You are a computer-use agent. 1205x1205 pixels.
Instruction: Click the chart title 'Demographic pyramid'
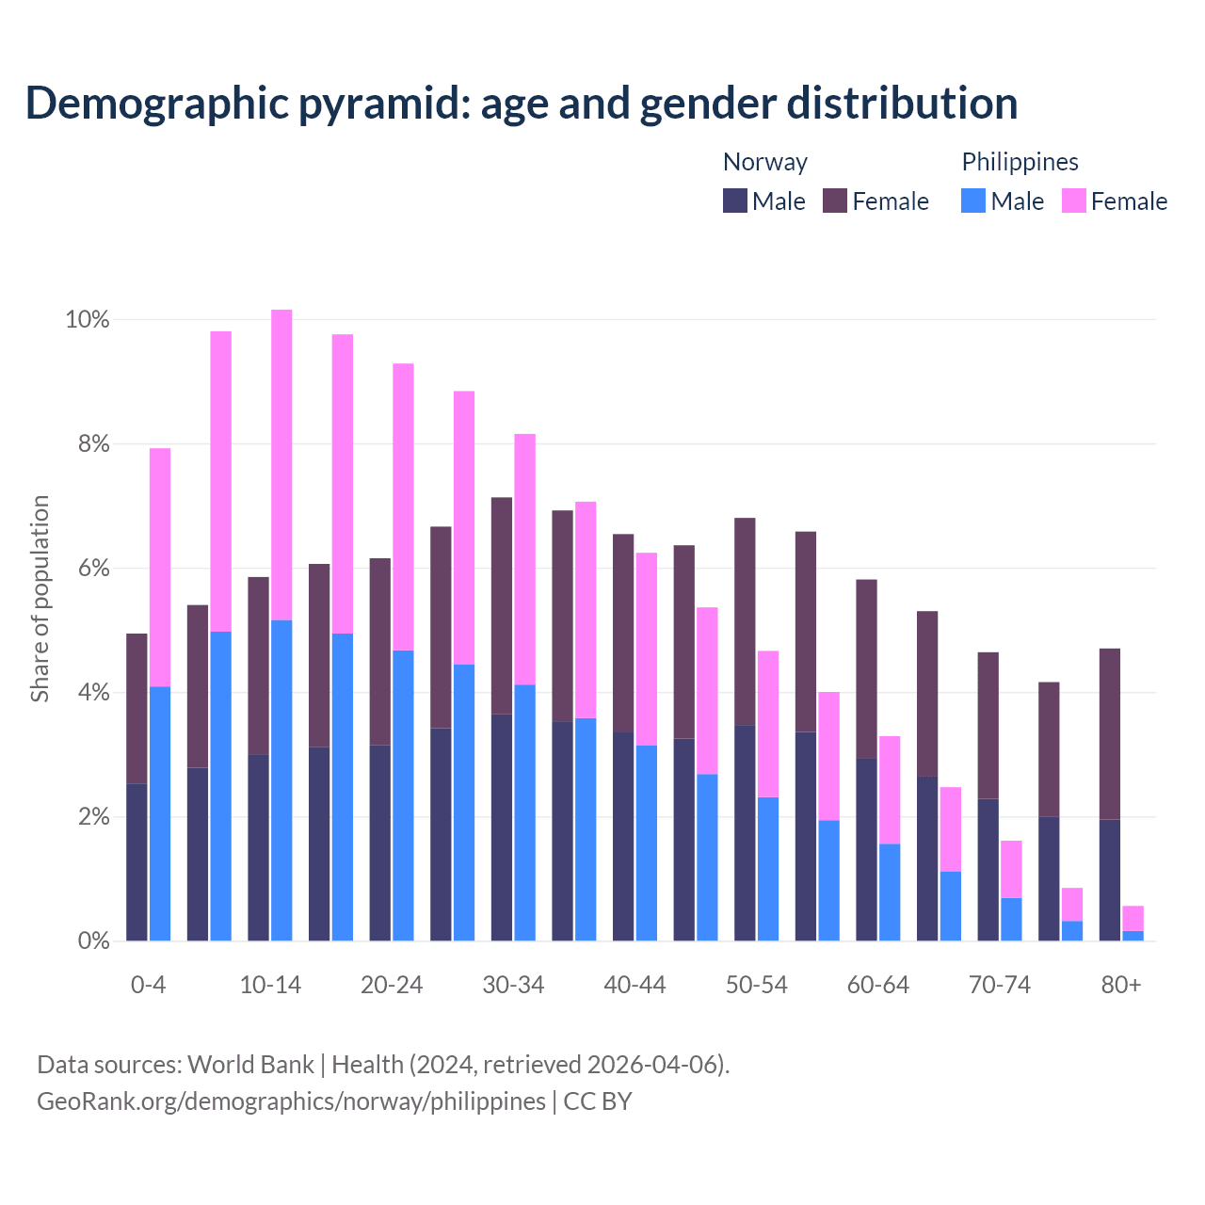tap(521, 104)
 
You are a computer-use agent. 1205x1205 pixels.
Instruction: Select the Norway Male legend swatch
tap(734, 201)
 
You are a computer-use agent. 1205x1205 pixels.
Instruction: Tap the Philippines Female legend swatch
tap(1073, 201)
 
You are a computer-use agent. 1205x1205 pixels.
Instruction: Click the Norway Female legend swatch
tap(835, 201)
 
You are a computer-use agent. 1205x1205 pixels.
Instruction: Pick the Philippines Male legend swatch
tap(973, 201)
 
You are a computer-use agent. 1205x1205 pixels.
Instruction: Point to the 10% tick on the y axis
tap(88, 320)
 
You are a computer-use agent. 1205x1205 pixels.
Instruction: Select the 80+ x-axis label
tap(1121, 986)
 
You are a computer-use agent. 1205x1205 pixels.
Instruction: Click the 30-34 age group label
tap(513, 986)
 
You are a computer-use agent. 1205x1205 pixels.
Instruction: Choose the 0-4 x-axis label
tap(149, 986)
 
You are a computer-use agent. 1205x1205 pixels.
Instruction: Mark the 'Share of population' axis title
tap(40, 599)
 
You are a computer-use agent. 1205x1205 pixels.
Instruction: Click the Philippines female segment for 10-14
tap(281, 464)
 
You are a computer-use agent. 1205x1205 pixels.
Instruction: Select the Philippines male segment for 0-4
tap(160, 813)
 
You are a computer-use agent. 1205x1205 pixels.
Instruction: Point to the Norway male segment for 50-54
tap(745, 833)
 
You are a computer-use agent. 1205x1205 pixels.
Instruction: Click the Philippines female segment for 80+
tap(1133, 918)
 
